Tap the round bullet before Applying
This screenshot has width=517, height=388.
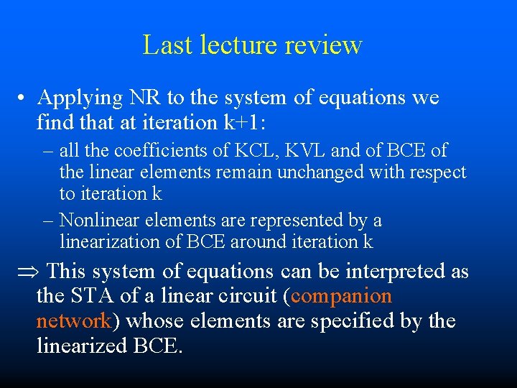tap(24, 98)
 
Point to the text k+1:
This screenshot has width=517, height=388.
tap(245, 122)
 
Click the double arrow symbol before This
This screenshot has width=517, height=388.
tap(28, 272)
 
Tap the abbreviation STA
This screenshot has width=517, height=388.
tap(89, 296)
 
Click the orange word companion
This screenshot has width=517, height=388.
tap(343, 296)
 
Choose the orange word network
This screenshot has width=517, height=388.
tap(73, 320)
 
